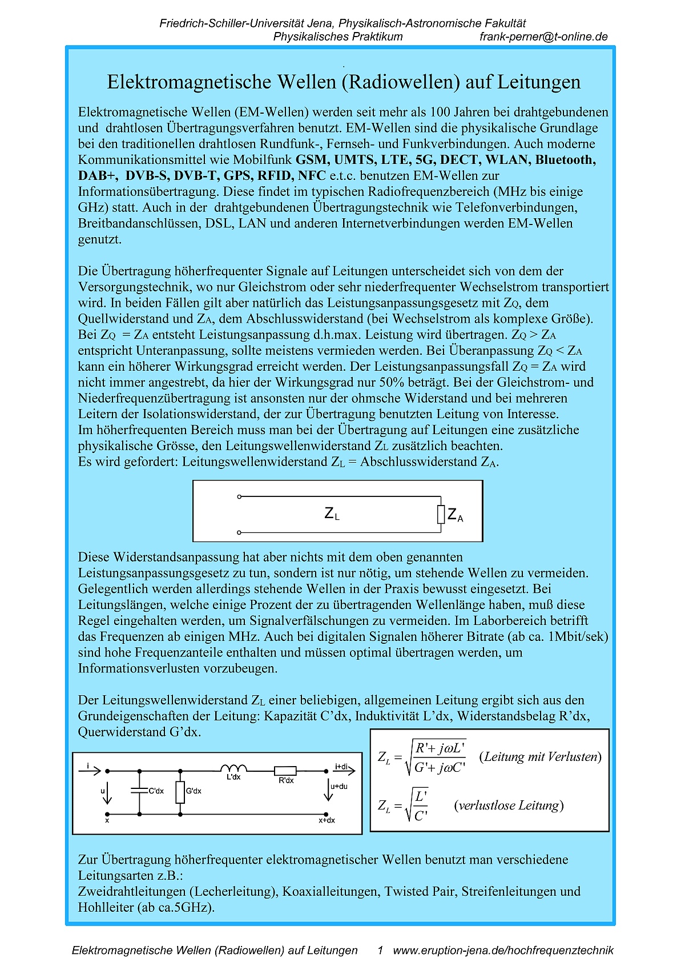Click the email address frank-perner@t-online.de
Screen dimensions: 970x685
543,37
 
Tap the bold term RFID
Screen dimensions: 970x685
275,176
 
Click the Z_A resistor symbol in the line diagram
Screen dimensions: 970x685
441,514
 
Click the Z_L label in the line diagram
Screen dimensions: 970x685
332,514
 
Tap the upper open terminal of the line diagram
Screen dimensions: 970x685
239,496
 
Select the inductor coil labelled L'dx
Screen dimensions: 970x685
233,768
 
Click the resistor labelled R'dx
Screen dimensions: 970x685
285,771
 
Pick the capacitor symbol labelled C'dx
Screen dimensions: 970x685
139,791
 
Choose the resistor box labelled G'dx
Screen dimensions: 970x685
180,792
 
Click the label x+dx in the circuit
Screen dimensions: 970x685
327,820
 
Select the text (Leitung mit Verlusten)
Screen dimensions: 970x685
540,757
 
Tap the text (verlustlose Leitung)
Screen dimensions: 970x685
509,805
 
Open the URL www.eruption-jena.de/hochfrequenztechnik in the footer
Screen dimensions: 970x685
503,951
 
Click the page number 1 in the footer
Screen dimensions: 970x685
380,951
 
